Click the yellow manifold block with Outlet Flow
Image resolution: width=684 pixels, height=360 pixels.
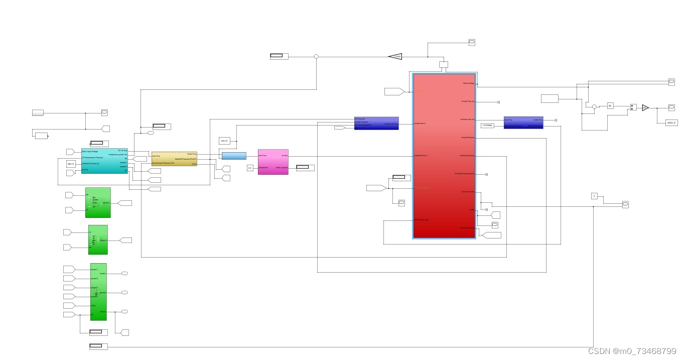175,159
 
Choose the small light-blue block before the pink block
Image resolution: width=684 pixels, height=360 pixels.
234,156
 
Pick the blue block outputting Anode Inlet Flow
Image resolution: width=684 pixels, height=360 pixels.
376,124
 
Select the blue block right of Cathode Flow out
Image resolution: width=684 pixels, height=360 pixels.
523,123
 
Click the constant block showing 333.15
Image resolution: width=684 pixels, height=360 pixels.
224,141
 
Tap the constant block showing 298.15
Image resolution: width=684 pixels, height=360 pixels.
71,164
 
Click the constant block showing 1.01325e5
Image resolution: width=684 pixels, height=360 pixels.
487,126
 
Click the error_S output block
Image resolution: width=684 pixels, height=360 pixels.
671,122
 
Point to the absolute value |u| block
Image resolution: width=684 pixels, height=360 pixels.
610,105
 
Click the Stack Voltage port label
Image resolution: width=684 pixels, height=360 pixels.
468,83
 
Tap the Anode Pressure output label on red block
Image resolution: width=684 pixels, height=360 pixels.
467,138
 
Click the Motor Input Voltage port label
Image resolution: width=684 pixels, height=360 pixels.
90,151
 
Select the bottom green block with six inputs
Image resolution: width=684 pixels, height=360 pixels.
98,291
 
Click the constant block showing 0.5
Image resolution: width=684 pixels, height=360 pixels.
250,168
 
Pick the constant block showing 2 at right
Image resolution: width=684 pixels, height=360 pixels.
594,196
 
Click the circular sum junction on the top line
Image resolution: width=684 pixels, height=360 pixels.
316,57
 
